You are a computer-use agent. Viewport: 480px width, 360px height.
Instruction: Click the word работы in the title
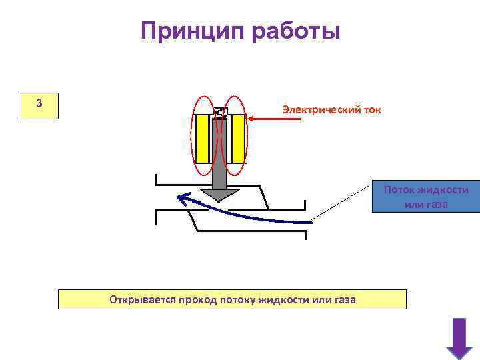coord(296,31)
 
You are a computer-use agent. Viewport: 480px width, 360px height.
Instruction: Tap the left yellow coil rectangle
coord(202,139)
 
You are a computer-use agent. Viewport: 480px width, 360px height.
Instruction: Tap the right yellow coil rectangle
coord(238,139)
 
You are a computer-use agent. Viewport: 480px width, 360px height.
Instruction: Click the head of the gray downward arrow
coord(220,194)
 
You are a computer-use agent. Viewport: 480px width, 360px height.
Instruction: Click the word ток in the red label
coord(370,109)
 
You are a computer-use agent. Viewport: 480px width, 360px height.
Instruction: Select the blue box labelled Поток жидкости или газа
coord(426,197)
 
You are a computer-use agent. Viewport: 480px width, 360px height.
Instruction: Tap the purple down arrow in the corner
coord(459,338)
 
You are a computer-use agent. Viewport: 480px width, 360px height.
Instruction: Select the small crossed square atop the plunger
coord(220,113)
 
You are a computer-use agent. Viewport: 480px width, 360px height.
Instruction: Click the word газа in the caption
coord(343,300)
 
